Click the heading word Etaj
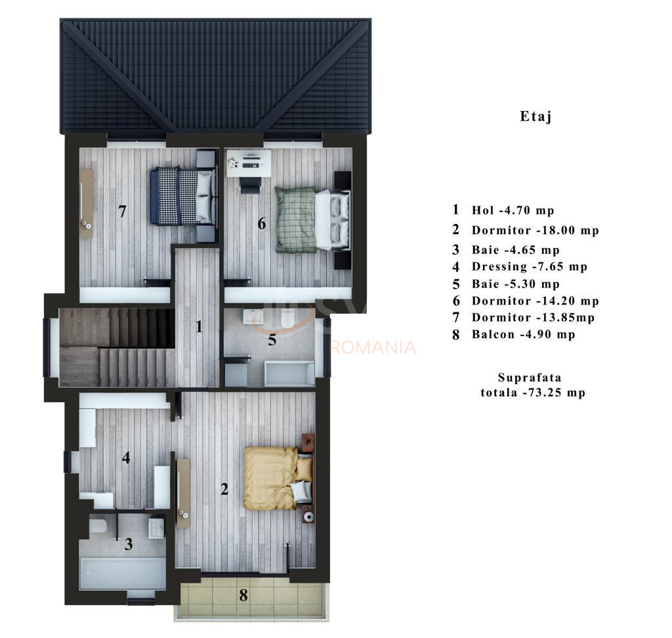(535, 117)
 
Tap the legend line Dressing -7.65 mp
(529, 266)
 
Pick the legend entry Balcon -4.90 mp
(523, 335)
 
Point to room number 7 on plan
(122, 211)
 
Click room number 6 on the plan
(261, 224)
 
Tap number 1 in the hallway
(199, 326)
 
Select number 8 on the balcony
(243, 596)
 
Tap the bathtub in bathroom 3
(123, 573)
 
